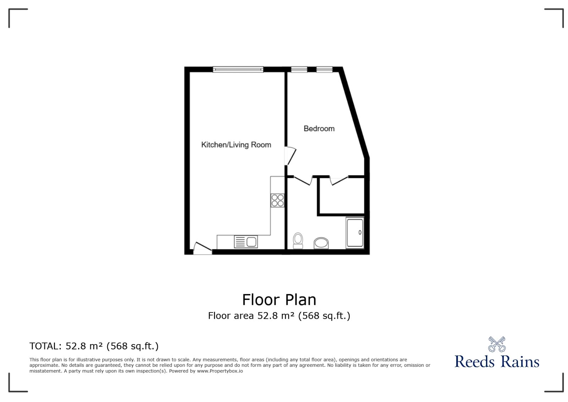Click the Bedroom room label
[319, 129]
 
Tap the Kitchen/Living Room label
[236, 145]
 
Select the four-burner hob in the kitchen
[278, 200]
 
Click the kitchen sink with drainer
[246, 242]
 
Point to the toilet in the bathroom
[298, 241]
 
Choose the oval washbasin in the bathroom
[321, 243]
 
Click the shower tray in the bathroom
[355, 233]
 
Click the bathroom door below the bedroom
[303, 180]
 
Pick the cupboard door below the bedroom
[339, 180]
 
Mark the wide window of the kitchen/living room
[238, 69]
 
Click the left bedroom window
[299, 69]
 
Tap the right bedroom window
[324, 69]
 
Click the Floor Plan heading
[279, 300]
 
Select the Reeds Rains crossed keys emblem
[497, 344]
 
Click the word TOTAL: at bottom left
[45, 346]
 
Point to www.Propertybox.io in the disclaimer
[220, 371]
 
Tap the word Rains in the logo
[520, 362]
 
